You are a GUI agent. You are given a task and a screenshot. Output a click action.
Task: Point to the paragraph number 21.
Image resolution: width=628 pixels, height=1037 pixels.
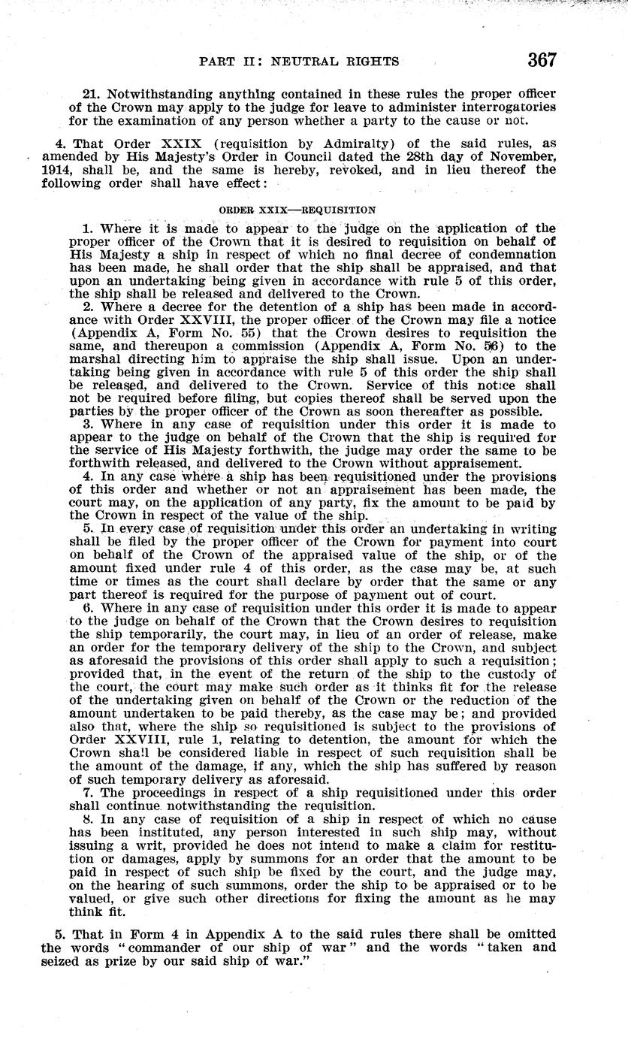click(92, 94)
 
